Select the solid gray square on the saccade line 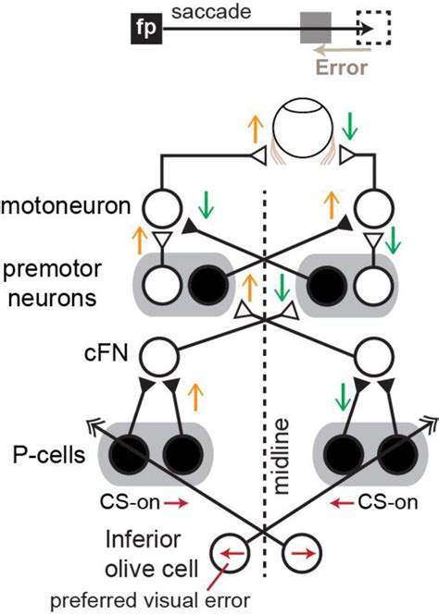pos(312,29)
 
